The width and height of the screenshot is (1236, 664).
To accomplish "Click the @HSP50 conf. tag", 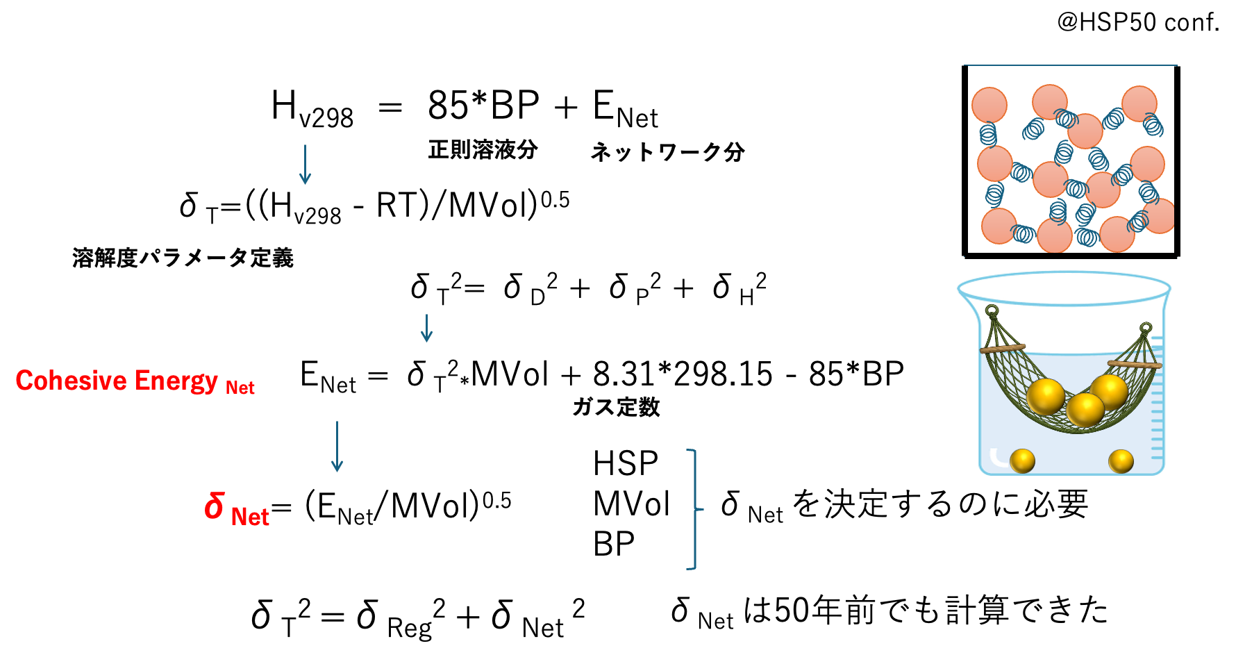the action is pyautogui.click(x=1138, y=22).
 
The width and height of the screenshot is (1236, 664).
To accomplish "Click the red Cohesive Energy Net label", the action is pyautogui.click(x=135, y=381).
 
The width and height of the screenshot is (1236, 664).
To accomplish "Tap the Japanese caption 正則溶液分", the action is pyautogui.click(x=483, y=149).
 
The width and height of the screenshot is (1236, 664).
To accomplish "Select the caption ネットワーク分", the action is pyautogui.click(x=667, y=151).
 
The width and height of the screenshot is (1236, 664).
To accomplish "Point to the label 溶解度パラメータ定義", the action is pyautogui.click(x=183, y=258).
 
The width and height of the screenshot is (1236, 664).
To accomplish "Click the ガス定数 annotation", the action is pyautogui.click(x=616, y=407).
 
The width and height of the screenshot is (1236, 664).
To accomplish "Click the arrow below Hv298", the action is pyautogui.click(x=305, y=164).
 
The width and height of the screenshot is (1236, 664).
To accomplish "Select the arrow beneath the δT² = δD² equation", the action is pyautogui.click(x=427, y=328).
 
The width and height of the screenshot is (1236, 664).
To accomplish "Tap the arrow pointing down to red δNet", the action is pyautogui.click(x=337, y=447).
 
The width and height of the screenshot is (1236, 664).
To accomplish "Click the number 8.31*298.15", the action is pyautogui.click(x=683, y=374).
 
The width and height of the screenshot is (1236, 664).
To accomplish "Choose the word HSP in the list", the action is pyautogui.click(x=625, y=463).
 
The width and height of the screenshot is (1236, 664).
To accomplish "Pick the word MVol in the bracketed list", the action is pyautogui.click(x=631, y=504).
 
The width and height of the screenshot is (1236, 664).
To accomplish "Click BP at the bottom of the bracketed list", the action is pyautogui.click(x=614, y=544).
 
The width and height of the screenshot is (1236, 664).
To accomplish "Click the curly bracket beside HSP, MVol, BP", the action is pyautogui.click(x=695, y=509).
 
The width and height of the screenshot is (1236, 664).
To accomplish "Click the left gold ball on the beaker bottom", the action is pyautogui.click(x=1022, y=460).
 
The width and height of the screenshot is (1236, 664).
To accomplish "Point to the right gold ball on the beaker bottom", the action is pyautogui.click(x=1121, y=461).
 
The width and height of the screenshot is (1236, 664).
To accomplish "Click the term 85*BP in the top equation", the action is pyautogui.click(x=483, y=106).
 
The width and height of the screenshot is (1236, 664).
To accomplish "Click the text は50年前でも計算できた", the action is pyautogui.click(x=926, y=611).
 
